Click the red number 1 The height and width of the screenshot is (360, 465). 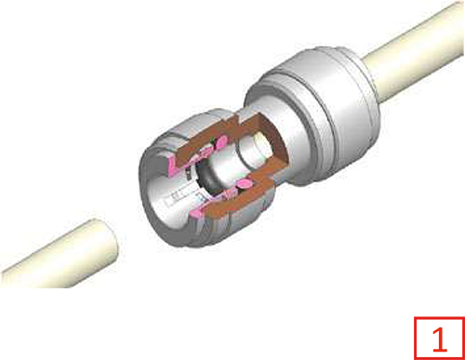[x=440, y=340]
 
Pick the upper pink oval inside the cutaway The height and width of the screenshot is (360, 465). [x=220, y=143]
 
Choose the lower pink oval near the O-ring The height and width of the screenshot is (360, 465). [x=245, y=184]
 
